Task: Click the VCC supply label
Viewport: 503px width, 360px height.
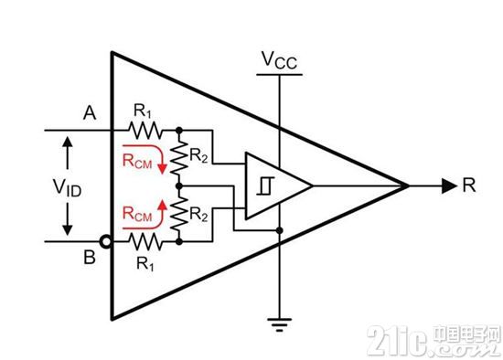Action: (279, 60)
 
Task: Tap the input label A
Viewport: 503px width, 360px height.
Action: (90, 113)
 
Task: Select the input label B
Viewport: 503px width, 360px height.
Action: (90, 257)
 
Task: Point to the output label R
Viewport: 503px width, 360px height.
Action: (468, 185)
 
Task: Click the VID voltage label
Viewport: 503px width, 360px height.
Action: (67, 187)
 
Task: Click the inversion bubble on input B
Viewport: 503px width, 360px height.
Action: (105, 241)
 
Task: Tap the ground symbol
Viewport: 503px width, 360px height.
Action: (280, 324)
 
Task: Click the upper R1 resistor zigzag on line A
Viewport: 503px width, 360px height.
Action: (145, 130)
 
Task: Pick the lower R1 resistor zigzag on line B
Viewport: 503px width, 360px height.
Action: (145, 242)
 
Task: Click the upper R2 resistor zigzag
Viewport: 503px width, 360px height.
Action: (179, 158)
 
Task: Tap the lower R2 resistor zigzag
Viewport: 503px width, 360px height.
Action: (179, 214)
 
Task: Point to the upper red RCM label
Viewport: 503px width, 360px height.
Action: (137, 161)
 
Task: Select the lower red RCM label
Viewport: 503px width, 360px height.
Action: (137, 214)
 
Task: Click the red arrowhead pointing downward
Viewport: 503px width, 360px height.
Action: (163, 169)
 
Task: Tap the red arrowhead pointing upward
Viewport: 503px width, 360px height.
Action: (163, 204)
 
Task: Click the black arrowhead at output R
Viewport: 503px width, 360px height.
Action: (449, 185)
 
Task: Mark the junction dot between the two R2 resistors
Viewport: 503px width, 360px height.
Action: (179, 185)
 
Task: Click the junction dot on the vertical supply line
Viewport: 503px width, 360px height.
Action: (280, 230)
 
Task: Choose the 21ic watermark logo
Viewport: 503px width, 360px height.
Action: (434, 341)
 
